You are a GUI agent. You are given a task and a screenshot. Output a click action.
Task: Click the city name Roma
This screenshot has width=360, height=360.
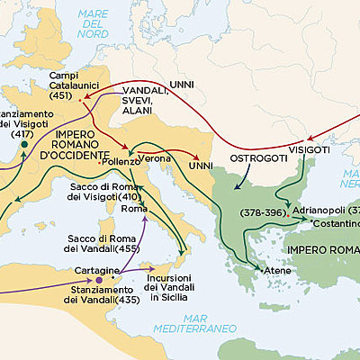132,210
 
